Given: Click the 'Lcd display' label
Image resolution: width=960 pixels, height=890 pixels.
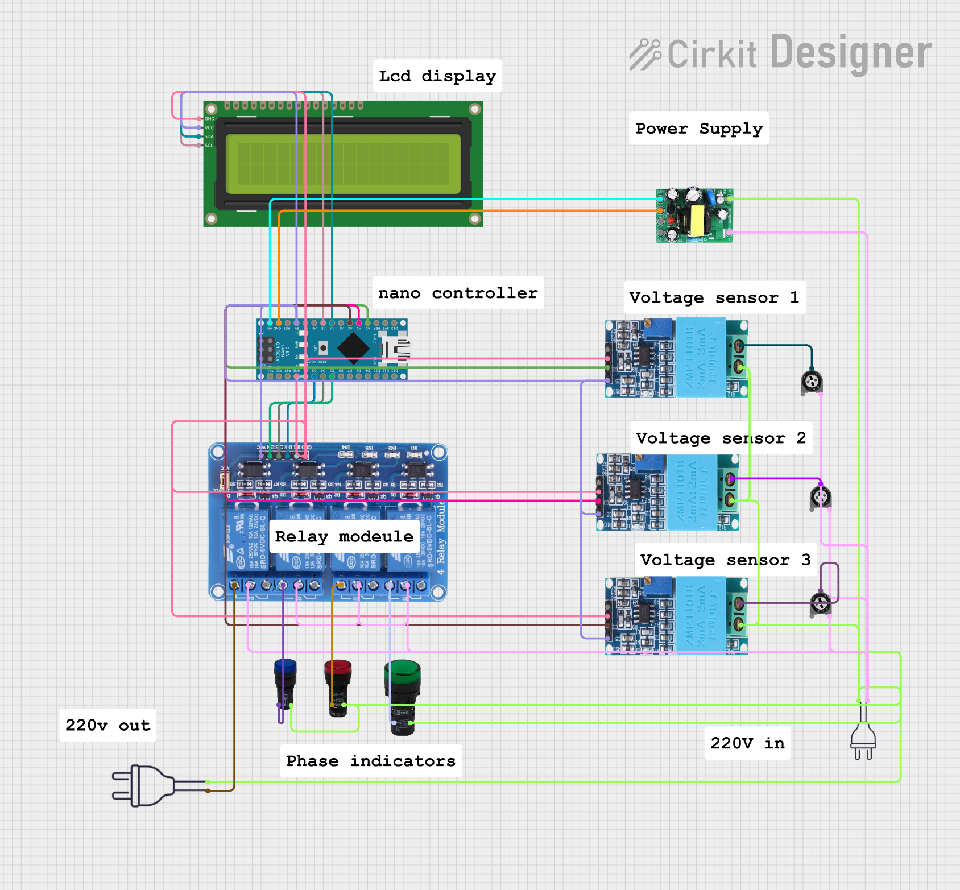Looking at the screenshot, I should click(x=437, y=76).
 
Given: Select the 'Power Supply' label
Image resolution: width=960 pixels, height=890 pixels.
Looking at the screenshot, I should click(x=699, y=128).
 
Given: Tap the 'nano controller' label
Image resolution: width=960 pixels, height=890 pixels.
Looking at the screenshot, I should click(x=458, y=293).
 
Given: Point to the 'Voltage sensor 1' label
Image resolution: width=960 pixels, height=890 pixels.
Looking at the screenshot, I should click(x=714, y=297).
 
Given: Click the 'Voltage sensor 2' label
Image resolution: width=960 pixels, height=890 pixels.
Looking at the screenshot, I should click(x=721, y=437).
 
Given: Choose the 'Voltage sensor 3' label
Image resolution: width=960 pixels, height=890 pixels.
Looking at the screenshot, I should click(x=726, y=560).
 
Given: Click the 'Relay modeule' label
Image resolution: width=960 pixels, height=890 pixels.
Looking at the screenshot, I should click(x=344, y=536).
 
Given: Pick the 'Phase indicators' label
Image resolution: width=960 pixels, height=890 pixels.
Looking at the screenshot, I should click(x=371, y=760).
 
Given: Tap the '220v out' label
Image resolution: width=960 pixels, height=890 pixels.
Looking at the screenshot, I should click(x=107, y=725).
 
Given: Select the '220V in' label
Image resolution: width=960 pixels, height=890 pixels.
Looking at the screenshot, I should click(x=747, y=743).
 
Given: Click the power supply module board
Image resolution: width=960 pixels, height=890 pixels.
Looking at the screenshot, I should click(x=694, y=216).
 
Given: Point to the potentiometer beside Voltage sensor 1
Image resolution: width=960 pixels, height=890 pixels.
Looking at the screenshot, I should click(x=812, y=381).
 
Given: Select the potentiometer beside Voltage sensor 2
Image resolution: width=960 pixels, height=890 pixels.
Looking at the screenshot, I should click(x=821, y=498).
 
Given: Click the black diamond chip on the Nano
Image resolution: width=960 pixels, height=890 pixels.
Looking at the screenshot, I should click(x=353, y=348).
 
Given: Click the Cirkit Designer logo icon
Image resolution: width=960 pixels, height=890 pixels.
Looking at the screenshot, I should click(x=645, y=55).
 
